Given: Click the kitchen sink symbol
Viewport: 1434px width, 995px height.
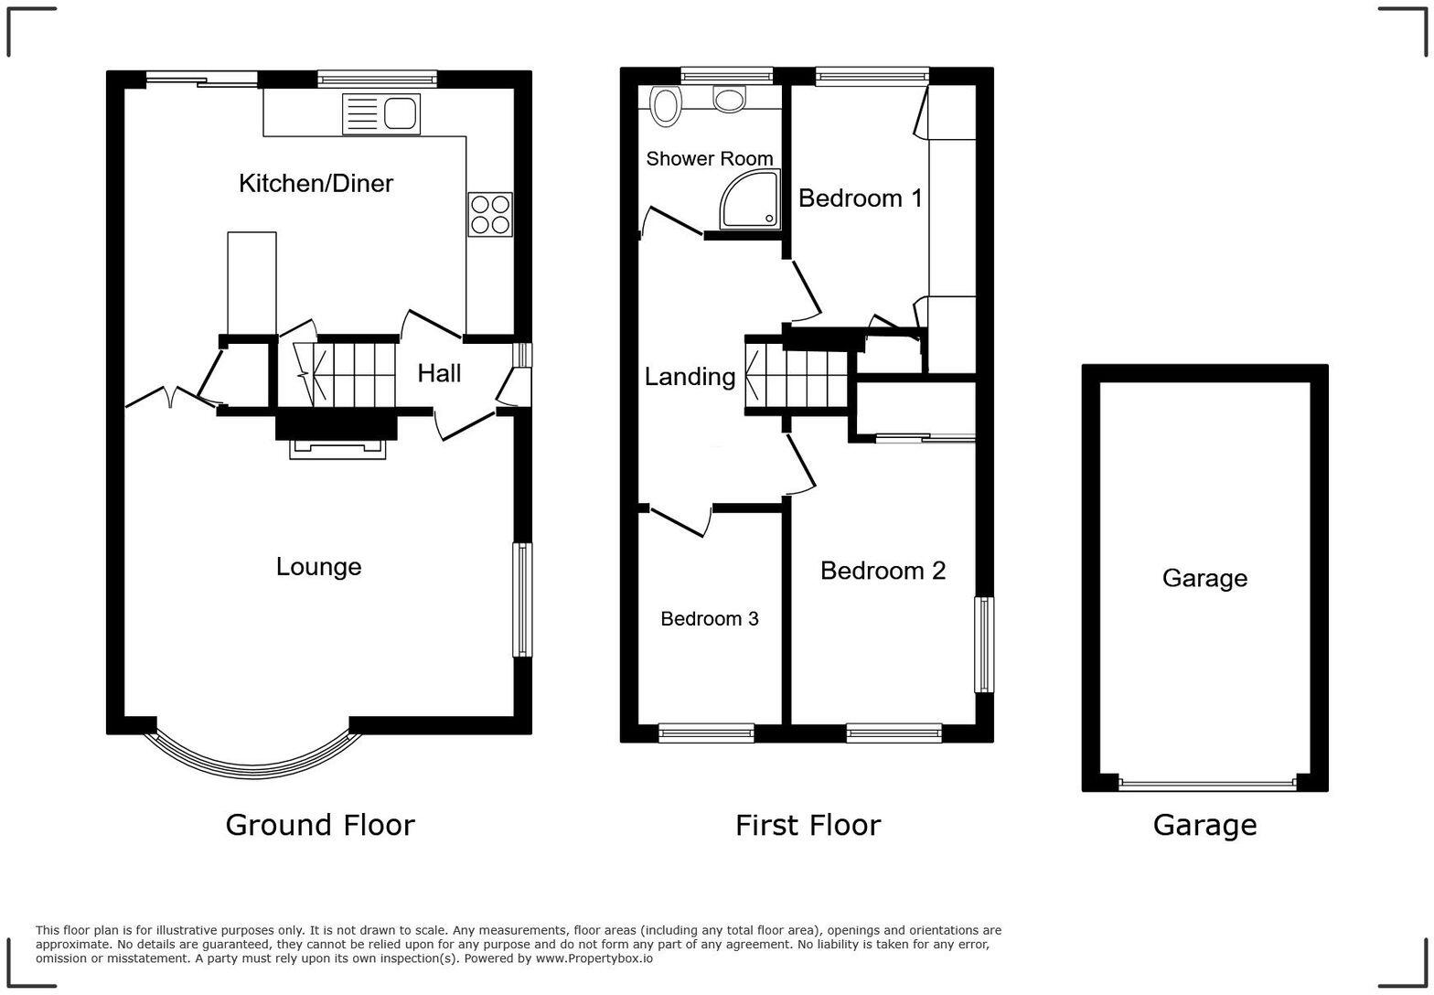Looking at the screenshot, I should [x=381, y=114].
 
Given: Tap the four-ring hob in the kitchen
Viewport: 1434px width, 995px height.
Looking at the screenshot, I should [x=489, y=214].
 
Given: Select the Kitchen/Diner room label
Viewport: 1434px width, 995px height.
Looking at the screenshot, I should [x=316, y=184].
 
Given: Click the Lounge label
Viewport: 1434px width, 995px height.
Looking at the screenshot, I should [x=318, y=567].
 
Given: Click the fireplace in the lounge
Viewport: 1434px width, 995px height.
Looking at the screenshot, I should [x=337, y=448].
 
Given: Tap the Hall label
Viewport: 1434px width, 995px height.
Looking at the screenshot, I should [x=439, y=373].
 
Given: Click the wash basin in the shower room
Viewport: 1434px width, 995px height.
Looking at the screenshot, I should [x=730, y=99].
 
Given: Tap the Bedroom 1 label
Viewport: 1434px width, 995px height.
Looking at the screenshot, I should [x=860, y=198].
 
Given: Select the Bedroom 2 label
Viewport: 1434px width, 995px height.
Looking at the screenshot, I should [x=883, y=571].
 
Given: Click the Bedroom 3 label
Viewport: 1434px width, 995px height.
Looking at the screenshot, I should [x=709, y=619].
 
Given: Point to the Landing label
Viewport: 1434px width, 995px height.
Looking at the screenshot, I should [x=690, y=377].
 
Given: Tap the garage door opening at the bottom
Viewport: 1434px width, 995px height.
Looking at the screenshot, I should [x=1206, y=784].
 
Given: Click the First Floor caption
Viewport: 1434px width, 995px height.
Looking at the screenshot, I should [x=808, y=825].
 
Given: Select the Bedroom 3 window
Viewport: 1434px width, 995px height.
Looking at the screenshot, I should [x=706, y=732].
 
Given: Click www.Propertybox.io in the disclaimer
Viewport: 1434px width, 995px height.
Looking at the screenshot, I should [x=594, y=958].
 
